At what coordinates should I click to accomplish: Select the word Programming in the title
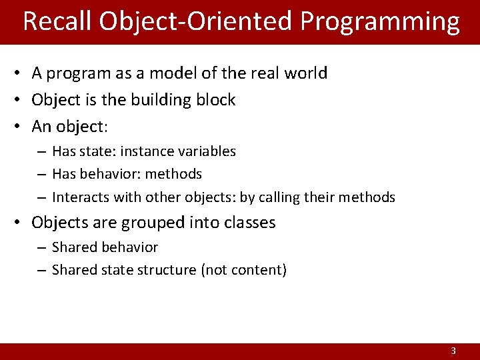(379, 21)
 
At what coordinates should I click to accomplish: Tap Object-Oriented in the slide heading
(196, 21)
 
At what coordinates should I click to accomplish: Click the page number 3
(453, 351)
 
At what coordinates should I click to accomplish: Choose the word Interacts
(80, 197)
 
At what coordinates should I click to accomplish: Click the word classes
(249, 223)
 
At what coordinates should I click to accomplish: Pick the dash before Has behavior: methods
(41, 175)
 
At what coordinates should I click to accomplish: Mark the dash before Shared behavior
(41, 248)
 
